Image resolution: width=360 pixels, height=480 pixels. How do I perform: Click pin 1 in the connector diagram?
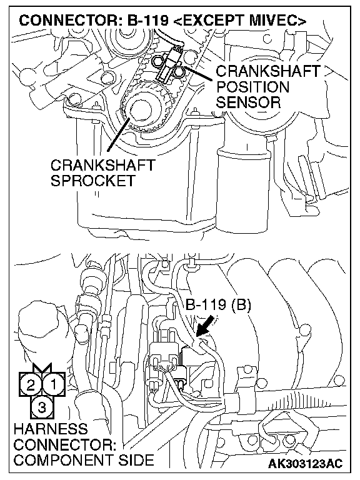[x=54, y=384]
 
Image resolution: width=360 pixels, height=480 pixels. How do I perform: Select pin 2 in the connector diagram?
[x=31, y=384]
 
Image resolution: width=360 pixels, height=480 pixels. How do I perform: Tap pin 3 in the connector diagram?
[x=42, y=407]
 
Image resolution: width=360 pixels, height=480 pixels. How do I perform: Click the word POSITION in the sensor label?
[x=252, y=87]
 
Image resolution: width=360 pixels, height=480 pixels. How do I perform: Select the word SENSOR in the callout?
[x=248, y=102]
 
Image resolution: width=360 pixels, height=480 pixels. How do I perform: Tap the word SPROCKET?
[x=92, y=181]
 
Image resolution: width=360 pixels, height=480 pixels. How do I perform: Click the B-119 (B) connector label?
[x=218, y=305]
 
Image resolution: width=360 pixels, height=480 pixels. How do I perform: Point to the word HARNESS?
[x=51, y=429]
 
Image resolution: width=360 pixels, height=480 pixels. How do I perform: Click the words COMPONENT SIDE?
[x=84, y=460]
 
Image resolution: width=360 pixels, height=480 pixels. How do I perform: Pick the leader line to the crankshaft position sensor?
[x=197, y=74]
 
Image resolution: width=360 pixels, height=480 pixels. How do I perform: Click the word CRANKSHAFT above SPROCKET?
[x=103, y=165]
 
